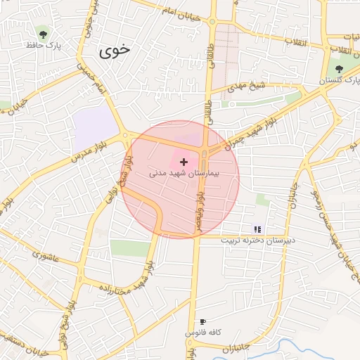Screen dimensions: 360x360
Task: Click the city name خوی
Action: (x=115, y=50)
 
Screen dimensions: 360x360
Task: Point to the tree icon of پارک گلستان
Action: (x=340, y=68)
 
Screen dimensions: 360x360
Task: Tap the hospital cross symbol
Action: (x=184, y=162)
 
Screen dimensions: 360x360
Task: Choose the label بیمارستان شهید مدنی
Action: (x=184, y=172)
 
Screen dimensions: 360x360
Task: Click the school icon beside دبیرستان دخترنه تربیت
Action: (x=257, y=229)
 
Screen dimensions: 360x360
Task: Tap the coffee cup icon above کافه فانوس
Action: (x=203, y=321)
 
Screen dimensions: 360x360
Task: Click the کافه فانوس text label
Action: (x=203, y=331)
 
